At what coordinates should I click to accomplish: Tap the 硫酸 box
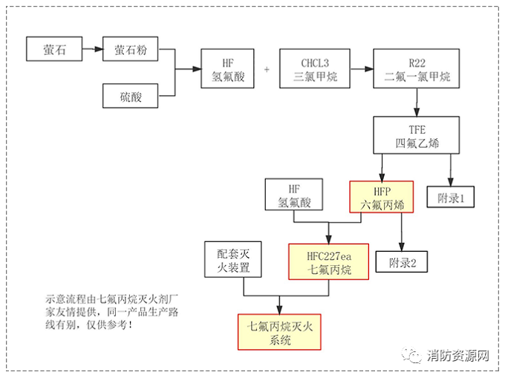[130, 97]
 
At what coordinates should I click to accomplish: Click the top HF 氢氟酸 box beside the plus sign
[227, 69]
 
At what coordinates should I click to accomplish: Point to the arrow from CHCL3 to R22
[361, 69]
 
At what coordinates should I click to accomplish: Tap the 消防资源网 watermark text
[458, 356]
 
